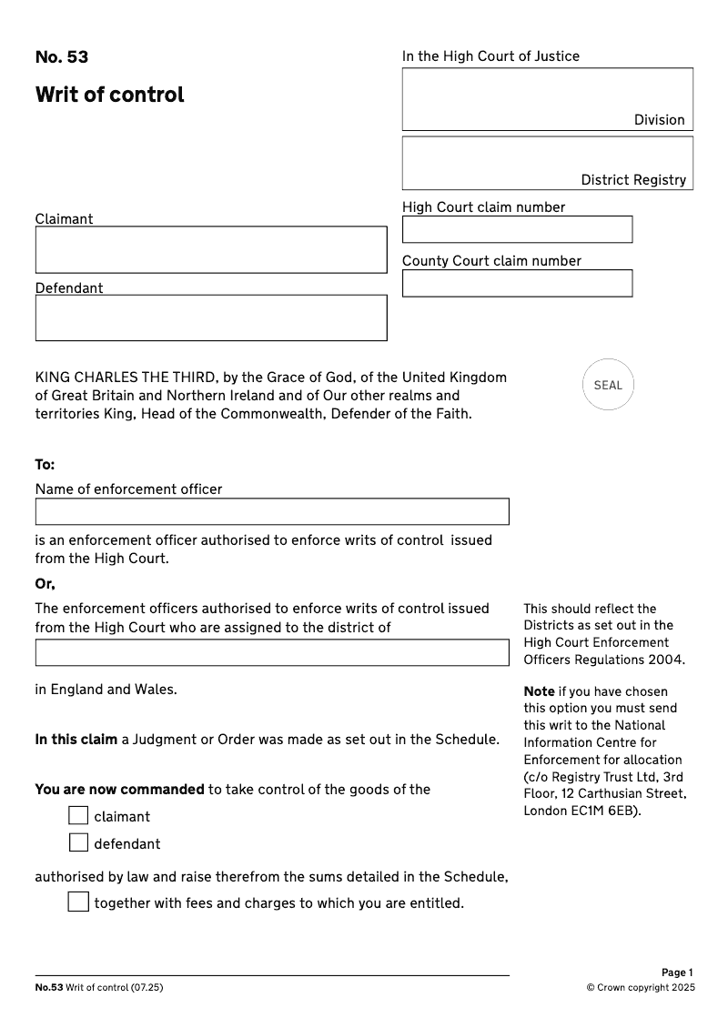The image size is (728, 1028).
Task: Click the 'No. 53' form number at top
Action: click(x=62, y=57)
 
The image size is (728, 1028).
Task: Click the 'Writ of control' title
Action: click(x=109, y=95)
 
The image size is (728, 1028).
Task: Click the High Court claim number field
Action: click(x=517, y=229)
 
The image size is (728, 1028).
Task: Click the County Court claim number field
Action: click(x=517, y=283)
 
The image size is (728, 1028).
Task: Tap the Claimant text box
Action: click(x=211, y=249)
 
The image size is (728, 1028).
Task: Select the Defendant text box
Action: click(x=211, y=317)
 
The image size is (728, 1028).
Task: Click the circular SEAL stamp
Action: click(x=608, y=385)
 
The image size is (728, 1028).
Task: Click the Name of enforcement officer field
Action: click(x=272, y=511)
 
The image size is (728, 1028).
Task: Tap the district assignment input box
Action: click(x=272, y=652)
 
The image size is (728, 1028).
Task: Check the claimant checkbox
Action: click(x=78, y=816)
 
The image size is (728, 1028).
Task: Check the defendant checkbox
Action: click(x=78, y=843)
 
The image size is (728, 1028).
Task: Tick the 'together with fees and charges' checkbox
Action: click(x=78, y=902)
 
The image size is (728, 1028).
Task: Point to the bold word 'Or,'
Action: click(x=45, y=584)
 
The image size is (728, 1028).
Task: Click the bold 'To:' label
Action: click(x=45, y=465)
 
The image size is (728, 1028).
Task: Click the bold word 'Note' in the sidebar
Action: click(x=539, y=691)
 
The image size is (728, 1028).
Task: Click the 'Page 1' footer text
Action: click(x=677, y=973)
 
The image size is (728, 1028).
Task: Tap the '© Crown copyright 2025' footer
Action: click(x=640, y=988)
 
